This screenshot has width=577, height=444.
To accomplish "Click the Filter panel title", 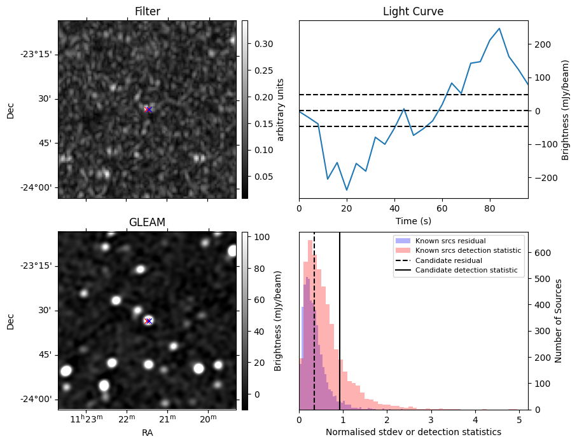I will click(147, 11).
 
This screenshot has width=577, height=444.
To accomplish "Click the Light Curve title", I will click(413, 11).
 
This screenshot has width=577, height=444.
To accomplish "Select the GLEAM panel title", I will click(147, 222).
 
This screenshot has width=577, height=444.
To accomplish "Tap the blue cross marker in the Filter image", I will click(148, 110).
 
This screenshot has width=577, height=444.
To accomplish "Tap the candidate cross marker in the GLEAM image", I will click(148, 321).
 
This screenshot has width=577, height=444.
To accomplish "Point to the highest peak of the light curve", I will click(499, 29).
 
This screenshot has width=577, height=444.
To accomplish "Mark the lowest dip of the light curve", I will click(347, 190).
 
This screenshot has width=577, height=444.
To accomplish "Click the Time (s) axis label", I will click(413, 220).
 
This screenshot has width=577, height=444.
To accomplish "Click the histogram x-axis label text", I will click(413, 432).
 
